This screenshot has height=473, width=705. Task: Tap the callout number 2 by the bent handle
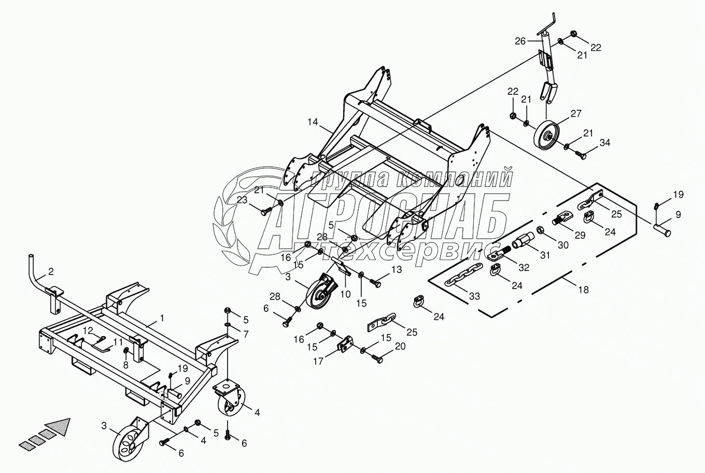[51, 271]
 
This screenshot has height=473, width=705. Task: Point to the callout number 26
[520, 40]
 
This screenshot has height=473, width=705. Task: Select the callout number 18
[584, 290]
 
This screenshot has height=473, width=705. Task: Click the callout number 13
[397, 269]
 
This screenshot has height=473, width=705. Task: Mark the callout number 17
[318, 362]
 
